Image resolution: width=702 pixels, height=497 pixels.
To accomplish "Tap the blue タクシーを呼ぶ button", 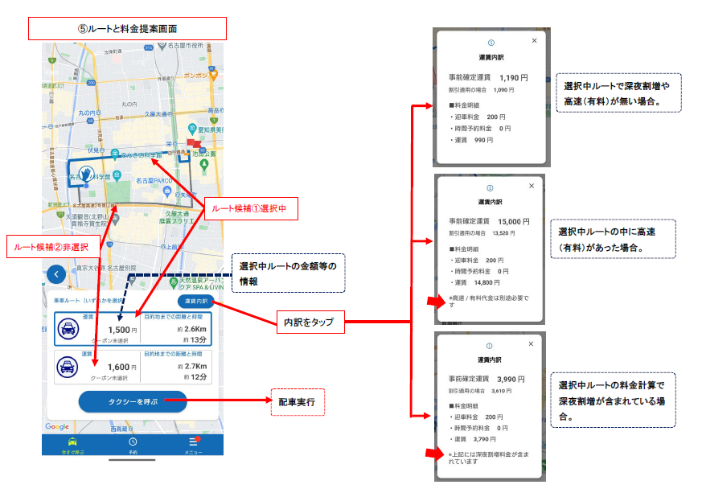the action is click(x=132, y=401).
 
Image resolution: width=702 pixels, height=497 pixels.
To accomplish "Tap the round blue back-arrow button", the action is click(x=55, y=273).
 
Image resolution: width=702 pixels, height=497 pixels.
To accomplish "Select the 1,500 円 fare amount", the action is click(x=119, y=329).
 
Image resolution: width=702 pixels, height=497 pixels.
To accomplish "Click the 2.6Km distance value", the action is click(x=195, y=328).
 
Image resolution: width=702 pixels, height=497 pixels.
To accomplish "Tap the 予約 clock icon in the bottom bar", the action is click(x=133, y=443).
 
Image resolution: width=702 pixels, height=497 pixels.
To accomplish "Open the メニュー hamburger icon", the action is click(x=193, y=442).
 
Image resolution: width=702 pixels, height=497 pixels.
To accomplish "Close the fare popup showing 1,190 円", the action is click(x=534, y=40).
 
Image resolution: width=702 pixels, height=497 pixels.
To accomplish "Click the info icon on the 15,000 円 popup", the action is click(x=490, y=185).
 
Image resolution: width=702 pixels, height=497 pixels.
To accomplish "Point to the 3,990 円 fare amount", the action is click(x=511, y=379).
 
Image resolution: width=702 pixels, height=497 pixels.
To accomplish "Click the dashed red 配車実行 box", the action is click(x=298, y=400).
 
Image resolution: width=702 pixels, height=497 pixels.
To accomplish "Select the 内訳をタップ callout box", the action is click(x=310, y=322).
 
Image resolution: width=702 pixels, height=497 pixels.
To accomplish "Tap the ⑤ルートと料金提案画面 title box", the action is click(x=127, y=28).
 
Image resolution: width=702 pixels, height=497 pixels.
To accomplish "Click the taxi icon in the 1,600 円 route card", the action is click(x=68, y=367).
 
